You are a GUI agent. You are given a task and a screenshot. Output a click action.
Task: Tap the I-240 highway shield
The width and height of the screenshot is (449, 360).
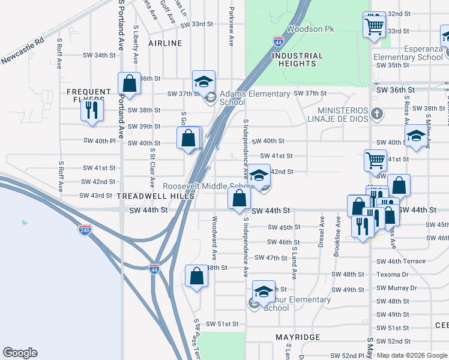coord(85,230)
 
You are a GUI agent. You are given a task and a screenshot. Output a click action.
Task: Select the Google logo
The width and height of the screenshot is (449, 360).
coord(20,353)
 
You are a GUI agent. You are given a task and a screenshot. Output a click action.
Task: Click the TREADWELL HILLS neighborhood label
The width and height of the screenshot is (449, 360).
coord(155,196)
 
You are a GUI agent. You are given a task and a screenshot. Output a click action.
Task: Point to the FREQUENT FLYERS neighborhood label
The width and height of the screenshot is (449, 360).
coord(89,96)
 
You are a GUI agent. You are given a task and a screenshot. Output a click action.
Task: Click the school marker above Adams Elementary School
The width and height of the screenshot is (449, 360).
coord(203,81)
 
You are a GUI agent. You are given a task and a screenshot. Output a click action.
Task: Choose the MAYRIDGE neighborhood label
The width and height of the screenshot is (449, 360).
coord(298,337)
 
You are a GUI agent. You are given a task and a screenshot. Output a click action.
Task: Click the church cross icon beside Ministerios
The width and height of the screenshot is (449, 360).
coord(376,113)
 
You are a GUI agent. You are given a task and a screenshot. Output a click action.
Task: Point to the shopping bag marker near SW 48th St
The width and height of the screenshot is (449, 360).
coord(196,276)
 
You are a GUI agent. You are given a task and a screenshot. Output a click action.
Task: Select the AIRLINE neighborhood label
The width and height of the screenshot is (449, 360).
coord(165,43)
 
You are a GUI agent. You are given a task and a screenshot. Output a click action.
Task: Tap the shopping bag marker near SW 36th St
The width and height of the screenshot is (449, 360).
coord(129,84)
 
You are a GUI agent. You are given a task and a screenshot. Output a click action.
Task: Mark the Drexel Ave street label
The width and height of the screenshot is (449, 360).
coord(321,231)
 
